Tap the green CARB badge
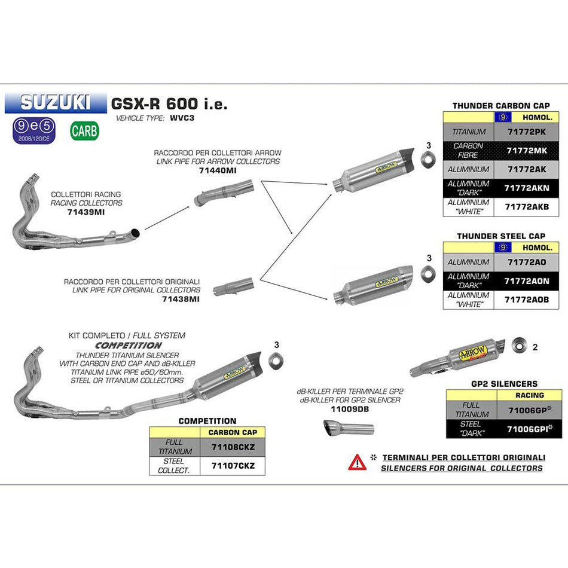tap(84, 131)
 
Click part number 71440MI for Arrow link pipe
tap(218, 170)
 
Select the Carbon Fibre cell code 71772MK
tap(527, 151)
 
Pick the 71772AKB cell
tap(527, 206)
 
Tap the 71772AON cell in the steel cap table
tap(527, 281)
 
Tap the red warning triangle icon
tap(358, 461)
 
